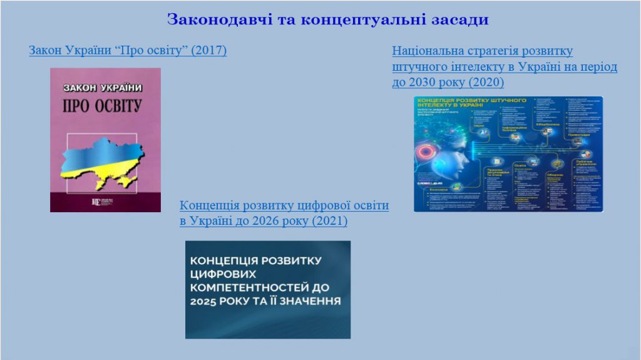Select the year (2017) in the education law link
point(210,50)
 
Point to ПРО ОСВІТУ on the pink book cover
point(106,105)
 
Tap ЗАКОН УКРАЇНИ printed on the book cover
point(106,88)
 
